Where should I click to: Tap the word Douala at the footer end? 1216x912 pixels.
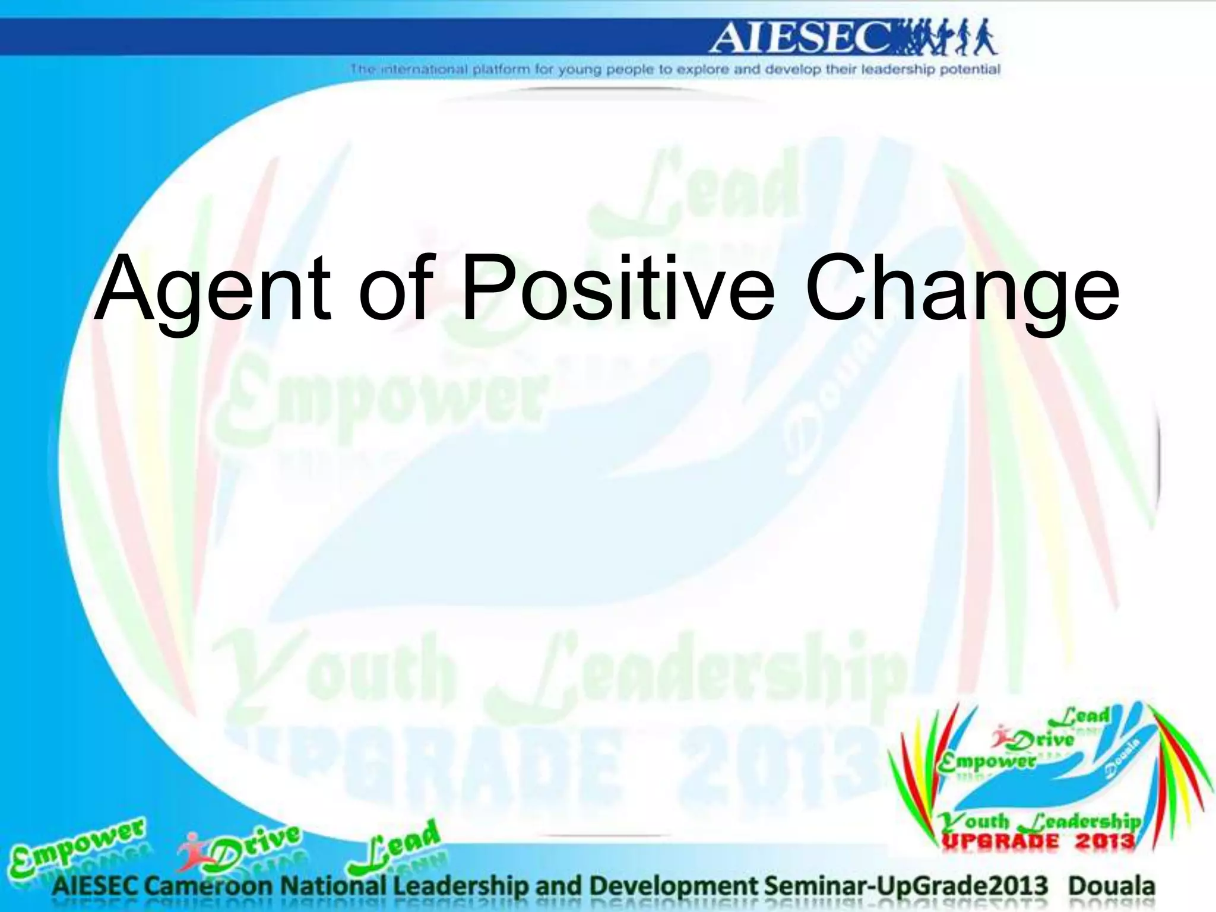point(1111,886)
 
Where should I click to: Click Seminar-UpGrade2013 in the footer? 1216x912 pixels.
point(906,886)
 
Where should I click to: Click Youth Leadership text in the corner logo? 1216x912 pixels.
point(1039,822)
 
